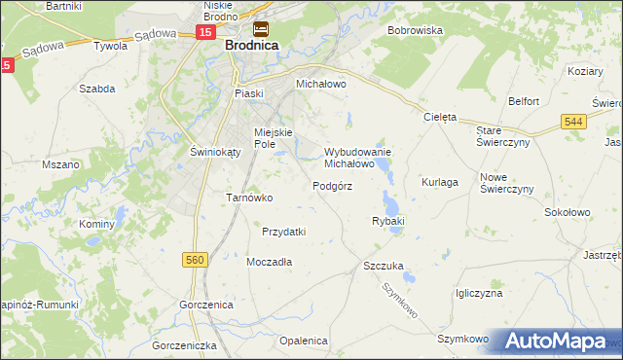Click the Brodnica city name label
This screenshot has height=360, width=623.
pos(252,46)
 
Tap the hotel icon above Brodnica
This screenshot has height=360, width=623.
pos(261,29)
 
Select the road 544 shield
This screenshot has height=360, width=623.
pos(574,120)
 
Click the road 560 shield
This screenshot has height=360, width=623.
pos(196,260)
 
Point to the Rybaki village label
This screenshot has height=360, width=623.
pos(387,222)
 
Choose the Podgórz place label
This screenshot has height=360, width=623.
pos(332,186)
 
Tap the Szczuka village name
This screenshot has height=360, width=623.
pos(383,266)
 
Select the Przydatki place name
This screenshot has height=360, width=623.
pos(284,232)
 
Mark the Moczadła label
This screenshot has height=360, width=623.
pos(270,262)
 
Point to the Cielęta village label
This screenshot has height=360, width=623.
pos(440,117)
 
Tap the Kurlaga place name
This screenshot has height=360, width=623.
pos(439,182)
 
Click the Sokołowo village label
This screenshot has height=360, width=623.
pos(568,211)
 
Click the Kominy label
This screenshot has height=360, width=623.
pos(97,224)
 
